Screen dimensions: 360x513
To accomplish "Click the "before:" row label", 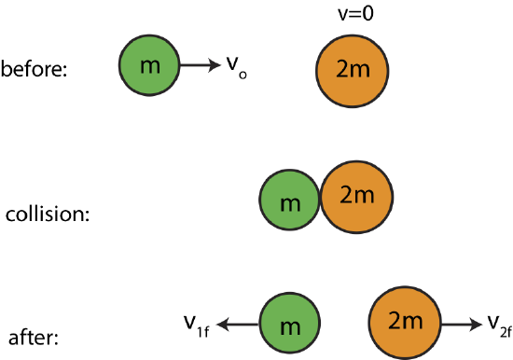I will tap(35, 70).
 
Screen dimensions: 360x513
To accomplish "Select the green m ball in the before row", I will tap(147, 65).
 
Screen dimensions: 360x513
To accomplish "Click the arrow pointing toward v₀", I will tap(198, 66).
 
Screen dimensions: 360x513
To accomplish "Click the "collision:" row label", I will tap(48, 214).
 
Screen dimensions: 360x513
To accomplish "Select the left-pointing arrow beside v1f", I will tap(239, 324).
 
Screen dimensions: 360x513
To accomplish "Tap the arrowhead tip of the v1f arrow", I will tap(220, 324).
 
